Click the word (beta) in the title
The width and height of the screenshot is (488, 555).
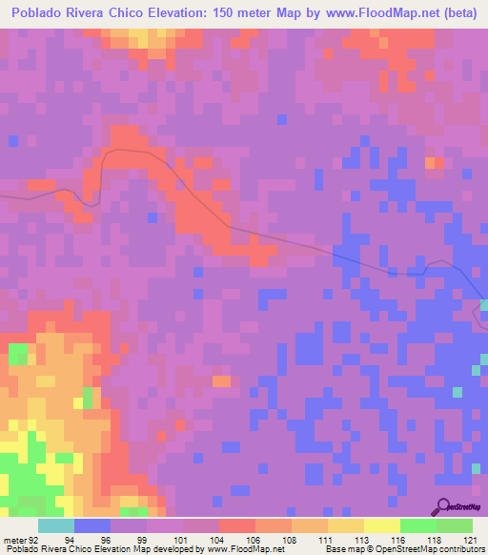tap(457, 11)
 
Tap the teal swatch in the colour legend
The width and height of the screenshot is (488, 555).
tap(56, 525)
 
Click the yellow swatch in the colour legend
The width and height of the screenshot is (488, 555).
tap(382, 525)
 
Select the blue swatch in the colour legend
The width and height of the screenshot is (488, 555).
tap(92, 525)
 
